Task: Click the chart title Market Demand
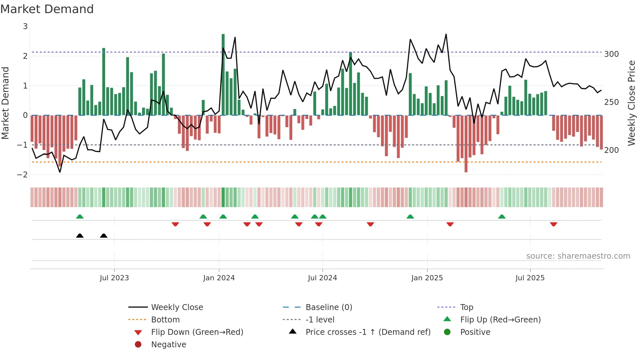[x=47, y=9]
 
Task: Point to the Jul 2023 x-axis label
[x=114, y=278]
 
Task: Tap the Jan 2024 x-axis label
[x=219, y=278]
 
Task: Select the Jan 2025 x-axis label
[x=427, y=278]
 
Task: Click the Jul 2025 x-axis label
[x=530, y=278]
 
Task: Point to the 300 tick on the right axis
[x=611, y=54]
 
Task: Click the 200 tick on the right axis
[x=611, y=150]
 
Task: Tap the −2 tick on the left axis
[x=22, y=175]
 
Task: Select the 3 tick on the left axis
[x=25, y=26]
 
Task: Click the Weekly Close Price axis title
[x=632, y=103]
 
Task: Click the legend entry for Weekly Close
[x=177, y=307]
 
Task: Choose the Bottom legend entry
[x=165, y=320]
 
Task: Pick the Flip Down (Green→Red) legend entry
[x=197, y=332]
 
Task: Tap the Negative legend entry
[x=168, y=345]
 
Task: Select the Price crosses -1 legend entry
[x=368, y=332]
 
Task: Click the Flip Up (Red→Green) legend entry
[x=500, y=320]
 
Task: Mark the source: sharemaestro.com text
[x=578, y=256]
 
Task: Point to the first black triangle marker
[x=80, y=236]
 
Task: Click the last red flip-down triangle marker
[x=553, y=224]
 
